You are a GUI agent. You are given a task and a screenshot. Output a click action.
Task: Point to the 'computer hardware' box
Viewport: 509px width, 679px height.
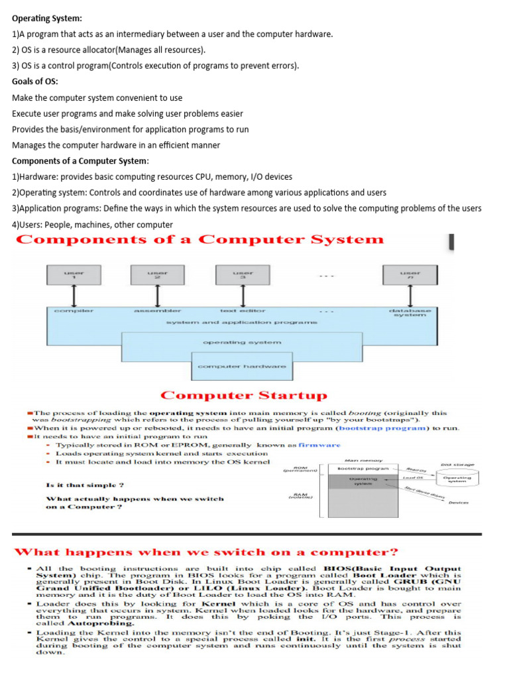point(242,366)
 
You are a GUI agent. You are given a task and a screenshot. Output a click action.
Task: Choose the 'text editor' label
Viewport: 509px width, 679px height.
point(243,310)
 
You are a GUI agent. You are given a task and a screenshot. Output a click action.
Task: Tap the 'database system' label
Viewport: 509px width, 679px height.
point(410,312)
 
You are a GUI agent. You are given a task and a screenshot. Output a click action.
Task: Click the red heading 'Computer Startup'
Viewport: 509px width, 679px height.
point(244,396)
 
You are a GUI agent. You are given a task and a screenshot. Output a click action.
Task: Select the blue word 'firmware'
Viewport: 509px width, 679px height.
point(319,445)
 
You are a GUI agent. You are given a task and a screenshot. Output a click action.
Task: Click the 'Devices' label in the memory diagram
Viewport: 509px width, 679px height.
point(458,503)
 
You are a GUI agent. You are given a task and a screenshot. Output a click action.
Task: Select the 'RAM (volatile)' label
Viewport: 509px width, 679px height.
point(302,497)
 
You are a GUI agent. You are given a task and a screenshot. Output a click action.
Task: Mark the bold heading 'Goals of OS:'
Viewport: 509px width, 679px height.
point(35,82)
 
